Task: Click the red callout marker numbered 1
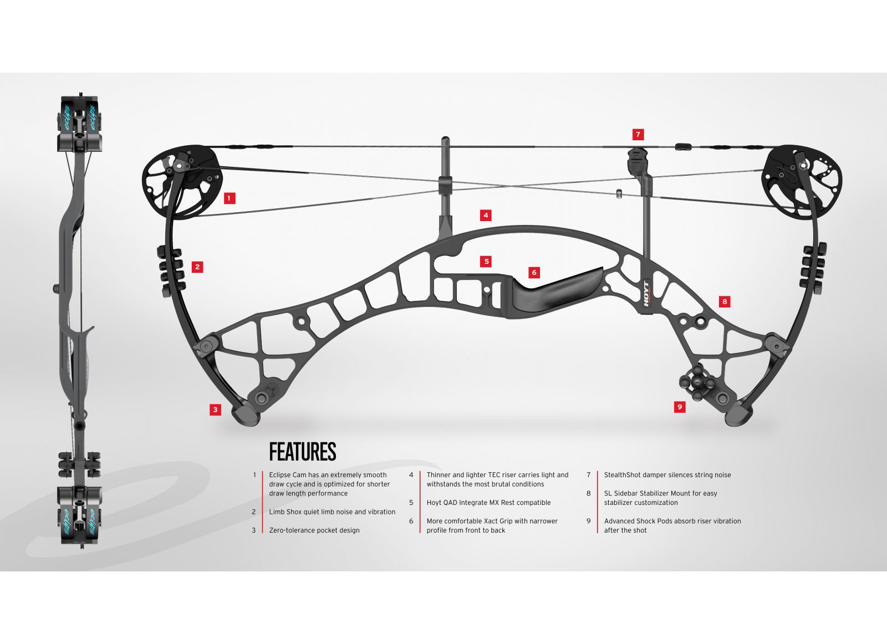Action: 230,198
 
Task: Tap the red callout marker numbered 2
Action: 197,267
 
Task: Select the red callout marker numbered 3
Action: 216,410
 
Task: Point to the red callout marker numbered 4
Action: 486,215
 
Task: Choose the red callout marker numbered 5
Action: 486,262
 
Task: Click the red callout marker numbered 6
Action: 534,273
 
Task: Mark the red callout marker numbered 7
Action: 638,134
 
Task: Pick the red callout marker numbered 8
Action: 725,301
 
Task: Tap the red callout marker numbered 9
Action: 680,407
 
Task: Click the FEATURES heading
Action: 303,452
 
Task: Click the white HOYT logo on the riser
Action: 646,294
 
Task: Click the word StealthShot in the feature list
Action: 622,475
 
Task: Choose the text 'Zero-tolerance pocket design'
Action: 314,530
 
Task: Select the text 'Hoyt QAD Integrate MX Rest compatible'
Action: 488,503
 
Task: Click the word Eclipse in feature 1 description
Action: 280,475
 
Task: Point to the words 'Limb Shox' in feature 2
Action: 285,512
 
